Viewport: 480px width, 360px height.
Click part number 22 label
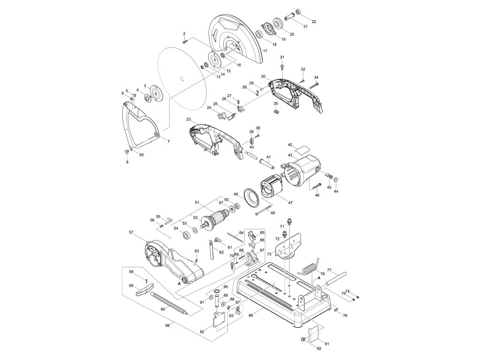(314, 22)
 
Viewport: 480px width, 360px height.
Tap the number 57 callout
(132, 232)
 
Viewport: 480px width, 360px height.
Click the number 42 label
(290, 145)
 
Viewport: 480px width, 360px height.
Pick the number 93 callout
(141, 155)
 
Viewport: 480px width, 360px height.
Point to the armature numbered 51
(216, 219)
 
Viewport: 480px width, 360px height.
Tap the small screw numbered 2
(185, 42)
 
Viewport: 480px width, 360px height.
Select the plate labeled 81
(315, 333)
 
